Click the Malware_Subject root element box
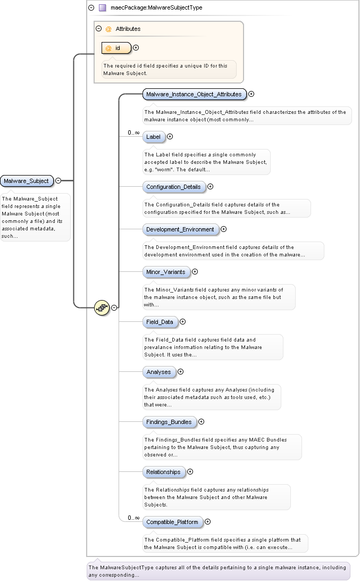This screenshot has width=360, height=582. (27, 181)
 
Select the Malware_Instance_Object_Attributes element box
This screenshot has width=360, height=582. (194, 94)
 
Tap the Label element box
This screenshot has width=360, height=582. (153, 137)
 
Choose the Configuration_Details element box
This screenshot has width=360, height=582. (173, 187)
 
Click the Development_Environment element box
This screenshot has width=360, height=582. (180, 229)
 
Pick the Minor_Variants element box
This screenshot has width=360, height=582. (166, 272)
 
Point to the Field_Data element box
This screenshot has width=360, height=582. (160, 322)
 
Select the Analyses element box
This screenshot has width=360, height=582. (158, 372)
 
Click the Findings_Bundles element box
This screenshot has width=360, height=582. (169, 422)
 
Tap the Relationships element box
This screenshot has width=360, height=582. (163, 472)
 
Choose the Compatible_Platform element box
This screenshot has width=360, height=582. (172, 522)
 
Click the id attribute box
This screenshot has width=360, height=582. (116, 48)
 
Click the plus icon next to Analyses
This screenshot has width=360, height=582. (180, 372)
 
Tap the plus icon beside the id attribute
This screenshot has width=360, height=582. (136, 48)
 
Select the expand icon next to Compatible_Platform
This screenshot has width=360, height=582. (208, 522)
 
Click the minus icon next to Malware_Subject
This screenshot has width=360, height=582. (58, 181)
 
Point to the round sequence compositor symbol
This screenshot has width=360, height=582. (102, 307)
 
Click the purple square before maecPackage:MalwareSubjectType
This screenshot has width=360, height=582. (103, 8)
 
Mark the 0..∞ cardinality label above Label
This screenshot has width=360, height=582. (133, 132)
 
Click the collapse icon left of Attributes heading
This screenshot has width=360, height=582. (98, 29)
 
